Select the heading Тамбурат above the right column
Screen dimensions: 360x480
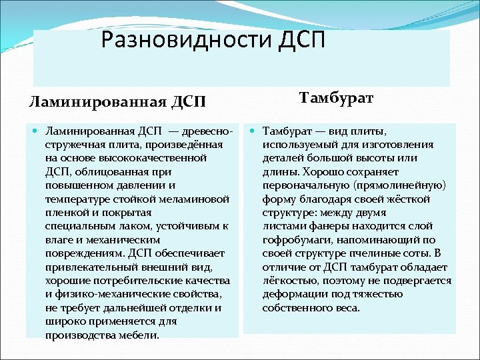point(336,99)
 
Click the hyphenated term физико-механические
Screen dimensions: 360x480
point(107,294)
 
